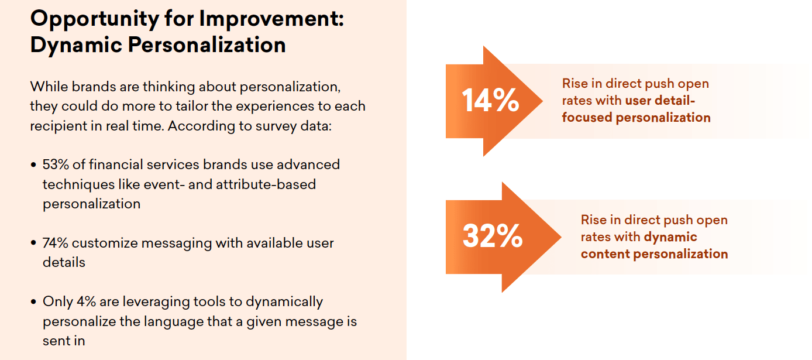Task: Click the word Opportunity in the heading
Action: [95, 19]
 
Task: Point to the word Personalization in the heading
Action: [207, 45]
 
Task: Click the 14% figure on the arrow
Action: [490, 100]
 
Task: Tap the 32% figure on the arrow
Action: [493, 236]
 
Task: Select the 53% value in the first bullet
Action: [56, 164]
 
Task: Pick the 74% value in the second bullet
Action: [55, 243]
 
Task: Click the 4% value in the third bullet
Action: [86, 301]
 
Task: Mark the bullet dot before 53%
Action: [34, 165]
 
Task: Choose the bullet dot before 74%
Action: [34, 243]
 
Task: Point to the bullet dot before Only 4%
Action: [34, 301]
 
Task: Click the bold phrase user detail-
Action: [660, 101]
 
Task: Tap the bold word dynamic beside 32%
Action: [670, 237]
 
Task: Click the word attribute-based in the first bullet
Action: [266, 184]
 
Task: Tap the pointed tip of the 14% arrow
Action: [543, 101]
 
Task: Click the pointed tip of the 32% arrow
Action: [561, 238]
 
